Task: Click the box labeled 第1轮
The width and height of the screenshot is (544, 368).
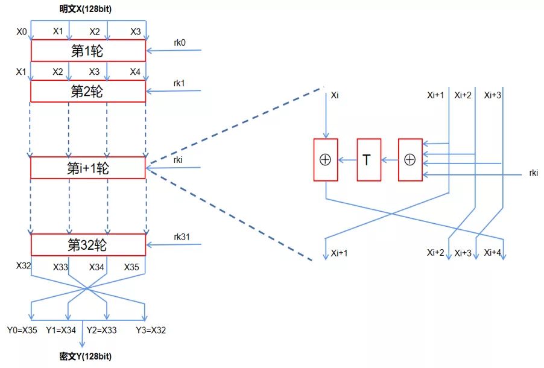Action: coord(88,51)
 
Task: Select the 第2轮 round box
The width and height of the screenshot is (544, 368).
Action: coord(88,91)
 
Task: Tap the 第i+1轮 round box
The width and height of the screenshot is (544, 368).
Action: coord(88,168)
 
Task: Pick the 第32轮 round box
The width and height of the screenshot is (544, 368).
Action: coord(88,244)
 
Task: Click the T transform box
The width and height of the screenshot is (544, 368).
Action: coord(368,160)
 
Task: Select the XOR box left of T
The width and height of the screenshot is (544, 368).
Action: coord(326,160)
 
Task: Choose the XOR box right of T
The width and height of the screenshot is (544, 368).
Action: coord(410,160)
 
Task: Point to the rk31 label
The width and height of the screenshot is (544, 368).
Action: coord(182,236)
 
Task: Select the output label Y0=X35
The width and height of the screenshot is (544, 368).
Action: coord(22,330)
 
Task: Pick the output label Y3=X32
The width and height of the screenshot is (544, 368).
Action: coord(151,330)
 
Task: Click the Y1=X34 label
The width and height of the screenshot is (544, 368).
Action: coord(63,330)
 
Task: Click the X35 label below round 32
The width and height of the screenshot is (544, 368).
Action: coord(132,266)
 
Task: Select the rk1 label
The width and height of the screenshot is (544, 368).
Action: coord(179,82)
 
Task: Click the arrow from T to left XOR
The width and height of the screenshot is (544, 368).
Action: coord(347,160)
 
